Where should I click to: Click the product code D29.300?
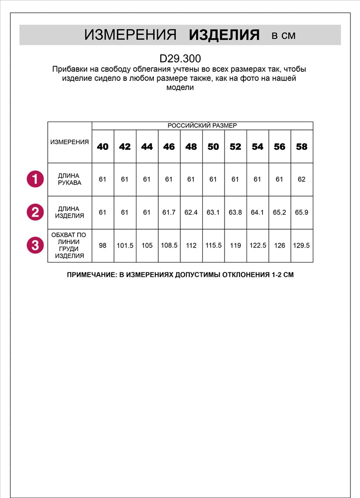coord(180,58)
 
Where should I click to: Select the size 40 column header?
coord(103,146)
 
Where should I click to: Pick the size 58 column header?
coord(302,146)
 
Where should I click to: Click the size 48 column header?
coord(191,146)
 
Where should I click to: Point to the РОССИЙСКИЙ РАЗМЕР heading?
coord(202,125)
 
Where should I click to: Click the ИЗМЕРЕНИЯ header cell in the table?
coord(70,142)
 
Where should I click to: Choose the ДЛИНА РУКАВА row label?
coord(70,179)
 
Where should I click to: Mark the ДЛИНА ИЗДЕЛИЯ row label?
coord(70,212)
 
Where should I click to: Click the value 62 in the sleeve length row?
coord(302,179)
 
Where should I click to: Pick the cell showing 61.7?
coord(169,212)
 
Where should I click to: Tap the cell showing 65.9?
coord(302,212)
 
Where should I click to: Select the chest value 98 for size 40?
coord(103,245)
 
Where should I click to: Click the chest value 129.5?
coord(302,245)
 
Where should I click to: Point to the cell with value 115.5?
coord(213,245)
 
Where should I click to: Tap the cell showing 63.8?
coord(235,212)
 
